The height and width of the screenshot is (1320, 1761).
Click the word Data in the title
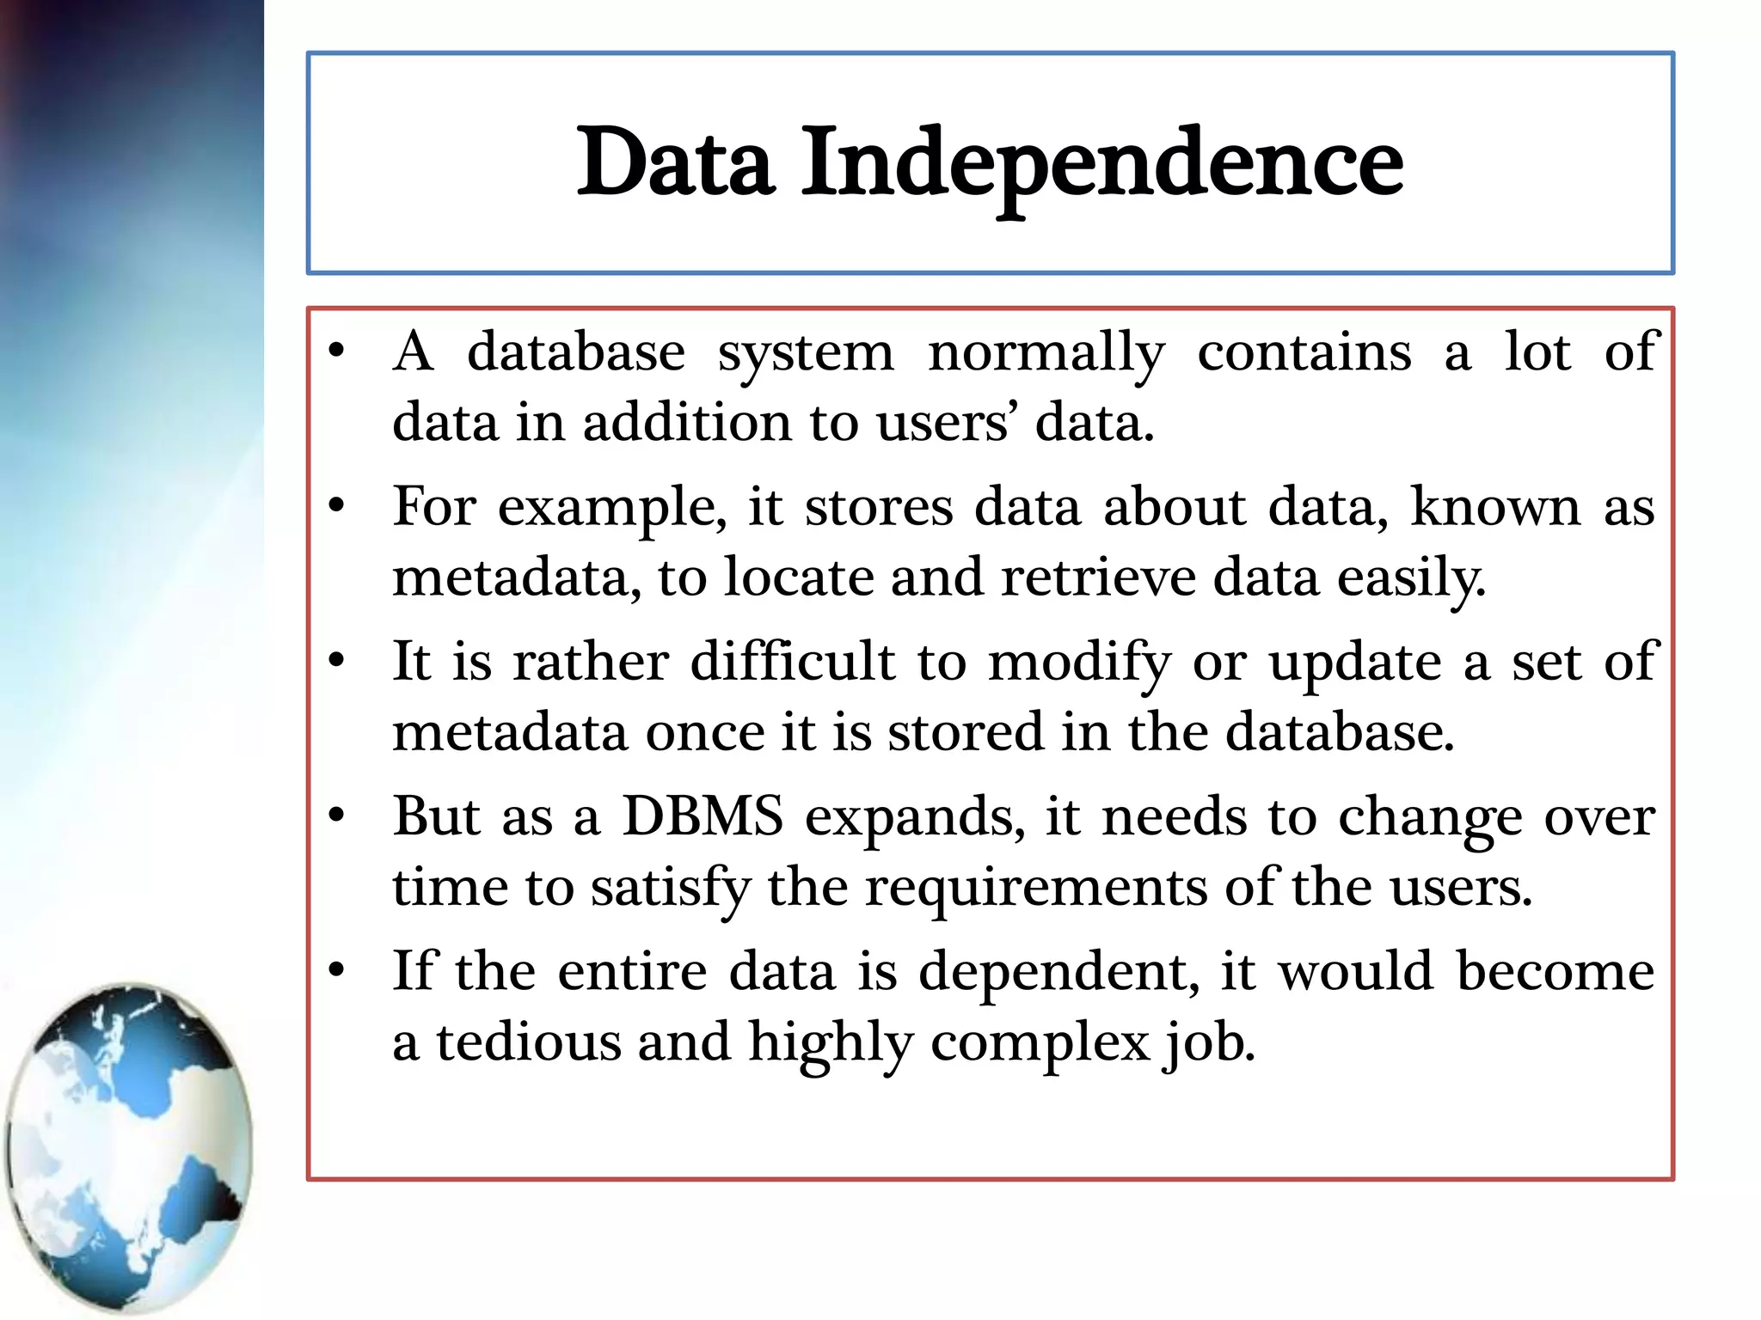(675, 163)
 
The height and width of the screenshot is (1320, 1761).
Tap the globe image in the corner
(129, 1147)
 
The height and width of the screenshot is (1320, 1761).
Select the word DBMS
(703, 816)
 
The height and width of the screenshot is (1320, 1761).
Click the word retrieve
(1098, 577)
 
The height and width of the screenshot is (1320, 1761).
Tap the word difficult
(793, 663)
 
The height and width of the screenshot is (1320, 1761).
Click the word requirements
(1035, 888)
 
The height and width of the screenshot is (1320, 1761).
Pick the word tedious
(528, 1042)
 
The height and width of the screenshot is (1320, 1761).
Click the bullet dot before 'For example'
(336, 506)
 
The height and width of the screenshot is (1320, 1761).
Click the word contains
(1304, 352)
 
